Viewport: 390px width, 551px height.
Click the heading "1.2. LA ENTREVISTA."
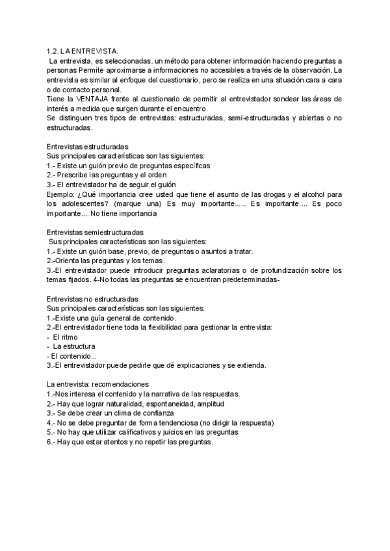82,50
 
